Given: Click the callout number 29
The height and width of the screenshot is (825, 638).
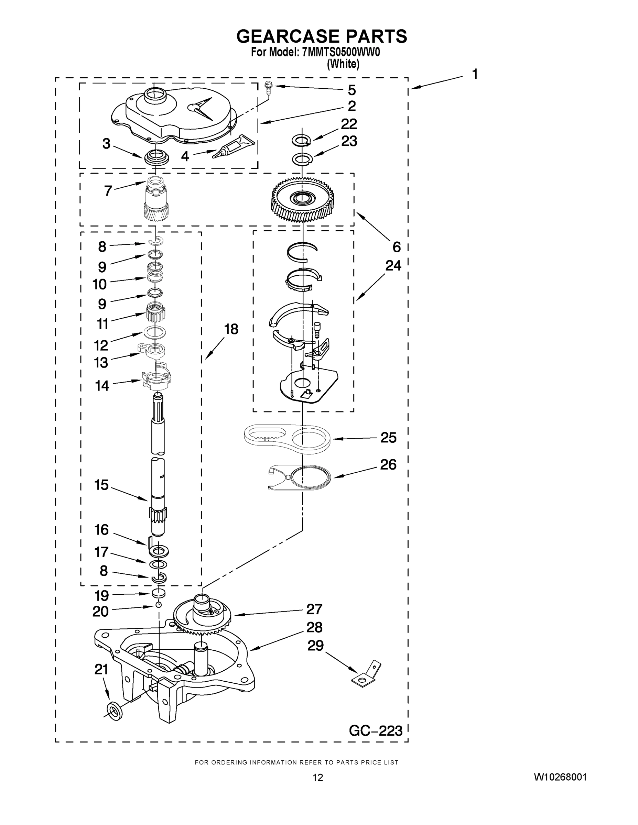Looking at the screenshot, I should click(316, 645).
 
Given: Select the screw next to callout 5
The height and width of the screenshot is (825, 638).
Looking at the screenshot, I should click(269, 88).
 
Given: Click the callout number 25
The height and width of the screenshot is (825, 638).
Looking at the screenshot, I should click(388, 438).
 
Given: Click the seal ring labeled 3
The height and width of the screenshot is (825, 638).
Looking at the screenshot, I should click(156, 157).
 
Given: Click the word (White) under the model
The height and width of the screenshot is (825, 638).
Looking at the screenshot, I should click(343, 64).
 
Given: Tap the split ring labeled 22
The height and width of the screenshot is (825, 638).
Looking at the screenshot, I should click(301, 141).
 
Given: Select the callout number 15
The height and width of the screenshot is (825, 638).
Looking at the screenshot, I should click(101, 485).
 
